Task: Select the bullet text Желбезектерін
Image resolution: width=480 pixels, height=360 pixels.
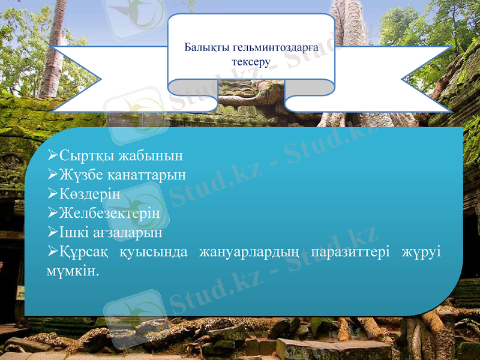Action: tap(110, 213)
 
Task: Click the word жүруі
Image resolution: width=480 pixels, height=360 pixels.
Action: tap(422, 251)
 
